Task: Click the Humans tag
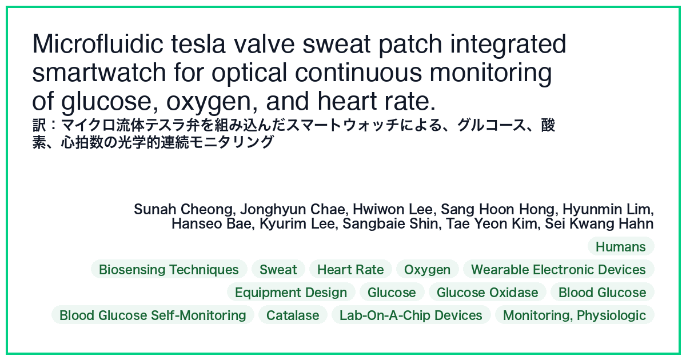[621, 246]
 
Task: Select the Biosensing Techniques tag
[169, 269]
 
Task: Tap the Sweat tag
[278, 269]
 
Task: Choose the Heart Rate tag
[350, 269]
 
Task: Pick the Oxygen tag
[427, 269]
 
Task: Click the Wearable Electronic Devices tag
[559, 269]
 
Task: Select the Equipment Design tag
[291, 292]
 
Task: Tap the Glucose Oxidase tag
[487, 292]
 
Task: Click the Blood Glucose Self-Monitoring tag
[153, 315]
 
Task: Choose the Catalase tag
[293, 315]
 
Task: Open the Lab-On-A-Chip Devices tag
[411, 315]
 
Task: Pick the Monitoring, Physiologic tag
[575, 315]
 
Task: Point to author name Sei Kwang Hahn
[599, 223]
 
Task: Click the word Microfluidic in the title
[98, 44]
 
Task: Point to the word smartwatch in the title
[99, 73]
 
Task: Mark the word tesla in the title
[198, 44]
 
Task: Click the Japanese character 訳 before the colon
[39, 125]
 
